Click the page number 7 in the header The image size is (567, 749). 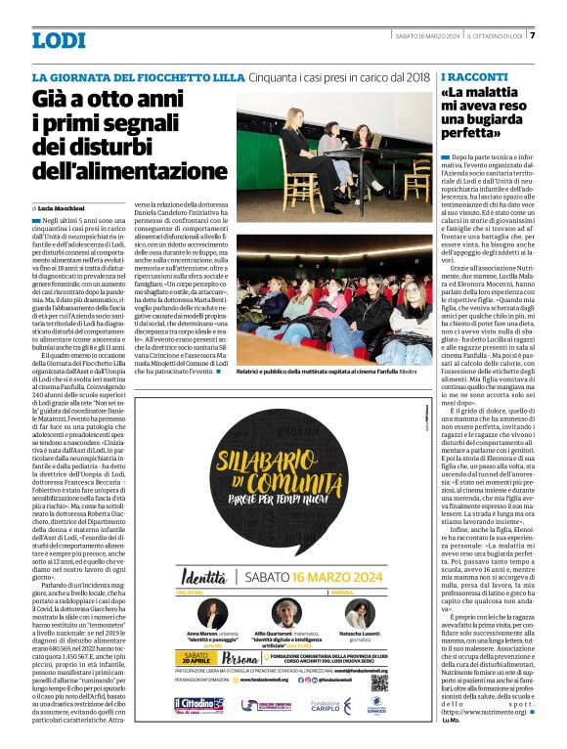(533, 36)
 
